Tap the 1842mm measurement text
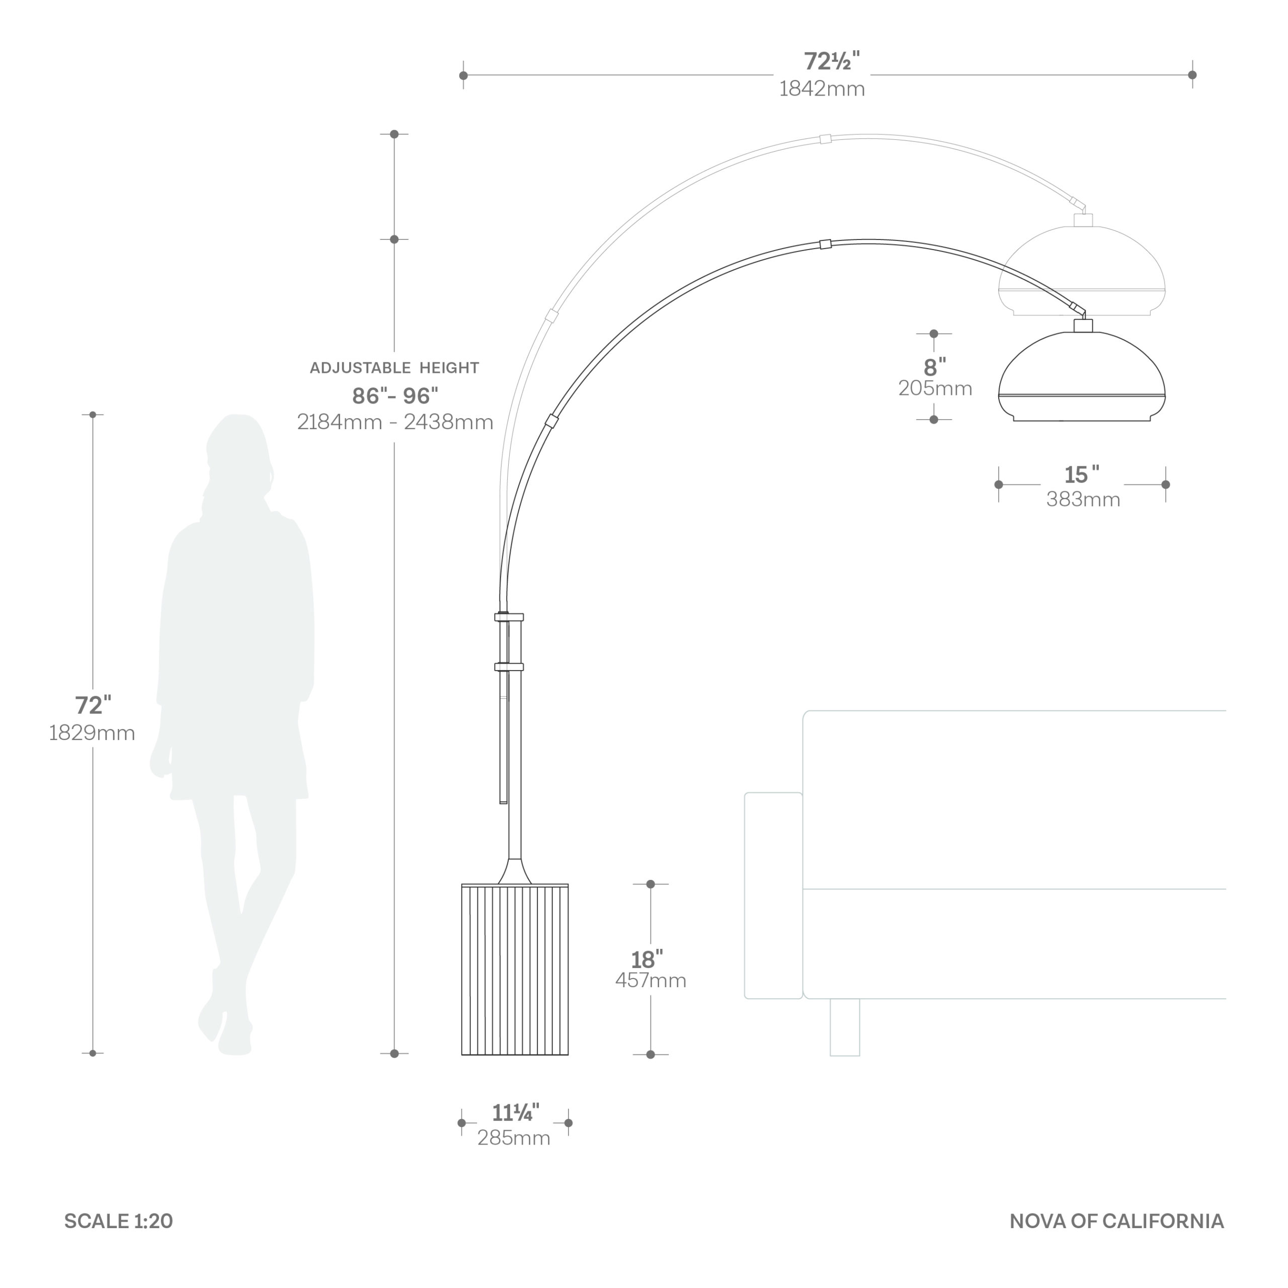click(x=822, y=89)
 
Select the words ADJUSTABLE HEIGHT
click(x=394, y=367)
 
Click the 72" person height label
click(x=93, y=705)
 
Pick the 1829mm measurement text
click(x=92, y=733)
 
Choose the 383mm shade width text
click(x=1083, y=499)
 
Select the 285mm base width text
click(x=514, y=1138)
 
